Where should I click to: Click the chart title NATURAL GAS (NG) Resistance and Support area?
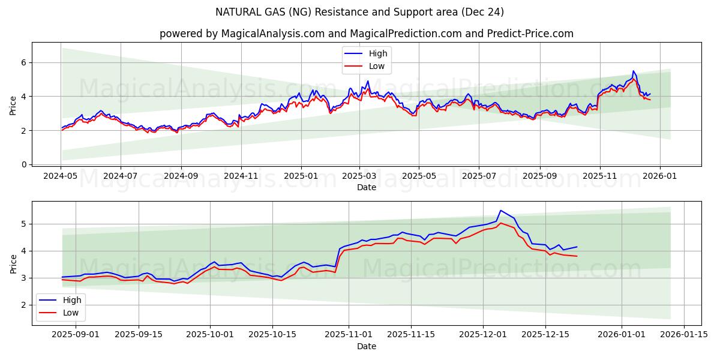[359, 12]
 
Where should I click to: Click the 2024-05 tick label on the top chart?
[61, 177]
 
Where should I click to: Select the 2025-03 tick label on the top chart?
[359, 177]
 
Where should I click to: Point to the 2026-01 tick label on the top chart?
[660, 177]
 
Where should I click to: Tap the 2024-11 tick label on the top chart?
[241, 177]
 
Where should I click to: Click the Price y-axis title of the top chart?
[13, 105]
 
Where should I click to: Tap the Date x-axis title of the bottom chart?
[367, 346]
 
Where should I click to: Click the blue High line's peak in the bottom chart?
[500, 211]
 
